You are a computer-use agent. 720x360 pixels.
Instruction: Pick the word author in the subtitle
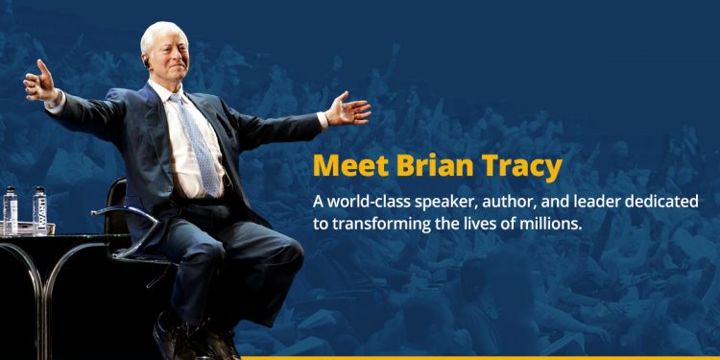519,203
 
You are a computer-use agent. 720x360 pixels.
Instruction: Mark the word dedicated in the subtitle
667,203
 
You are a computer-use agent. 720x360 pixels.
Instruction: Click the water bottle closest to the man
39,209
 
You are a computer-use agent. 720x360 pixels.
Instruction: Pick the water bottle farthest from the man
11,209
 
